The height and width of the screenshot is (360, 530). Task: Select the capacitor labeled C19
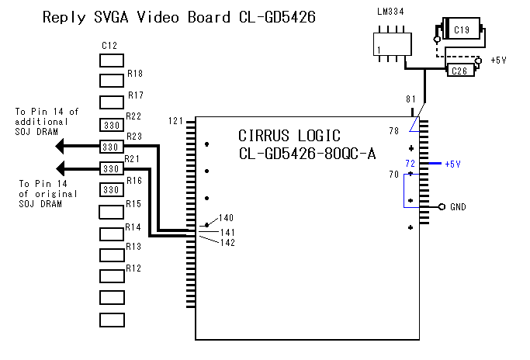coord(461,30)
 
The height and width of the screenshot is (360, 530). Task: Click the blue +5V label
coord(452,164)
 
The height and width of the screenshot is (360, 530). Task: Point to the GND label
coord(458,208)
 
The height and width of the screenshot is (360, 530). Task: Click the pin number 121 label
coord(176,121)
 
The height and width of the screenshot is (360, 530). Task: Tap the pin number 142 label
coord(227,243)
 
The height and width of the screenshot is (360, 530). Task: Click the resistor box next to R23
coord(113,147)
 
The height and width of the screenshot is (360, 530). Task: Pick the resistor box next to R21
coord(113,168)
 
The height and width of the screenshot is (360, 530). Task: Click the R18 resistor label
coord(134,74)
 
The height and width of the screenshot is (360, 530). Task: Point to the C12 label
coord(109,46)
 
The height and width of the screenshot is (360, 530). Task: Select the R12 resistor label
coord(134,268)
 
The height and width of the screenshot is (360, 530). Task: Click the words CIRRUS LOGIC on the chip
coord(289,135)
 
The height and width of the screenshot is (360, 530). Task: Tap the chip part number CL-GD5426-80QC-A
coord(307,154)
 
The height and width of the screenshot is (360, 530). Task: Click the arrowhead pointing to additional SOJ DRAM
coord(65,147)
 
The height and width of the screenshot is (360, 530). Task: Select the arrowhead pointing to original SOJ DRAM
coord(65,168)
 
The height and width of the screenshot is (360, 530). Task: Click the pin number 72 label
coord(410,164)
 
